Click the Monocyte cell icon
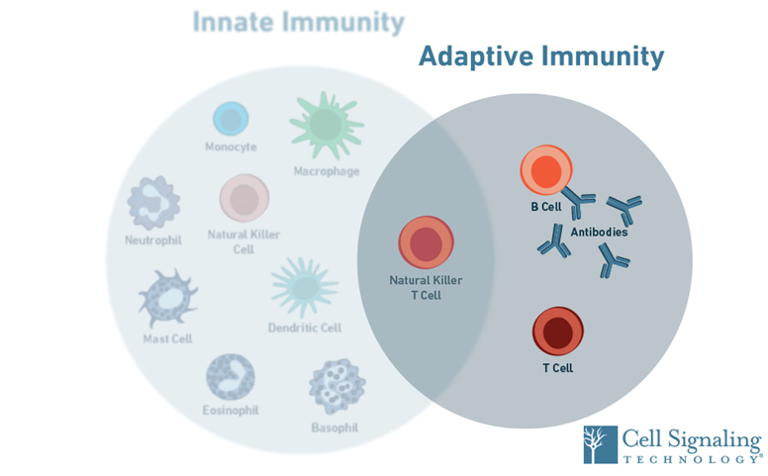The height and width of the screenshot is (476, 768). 231,120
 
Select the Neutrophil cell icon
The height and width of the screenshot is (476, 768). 153,204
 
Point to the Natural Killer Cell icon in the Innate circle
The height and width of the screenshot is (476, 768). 243,199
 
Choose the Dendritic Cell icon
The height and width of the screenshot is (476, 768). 304,287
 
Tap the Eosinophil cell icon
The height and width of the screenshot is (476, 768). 230,377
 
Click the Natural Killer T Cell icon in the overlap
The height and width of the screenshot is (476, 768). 427,243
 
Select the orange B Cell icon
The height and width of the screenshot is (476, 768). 545,171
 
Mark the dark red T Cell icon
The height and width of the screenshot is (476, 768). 558,332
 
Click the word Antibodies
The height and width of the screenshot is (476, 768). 599,233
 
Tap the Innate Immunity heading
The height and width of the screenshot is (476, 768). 298,23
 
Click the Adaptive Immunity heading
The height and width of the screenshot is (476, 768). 540,56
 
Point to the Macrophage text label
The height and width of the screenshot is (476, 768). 326,171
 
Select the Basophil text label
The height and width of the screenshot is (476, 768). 335,428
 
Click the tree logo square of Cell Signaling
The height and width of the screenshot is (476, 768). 600,444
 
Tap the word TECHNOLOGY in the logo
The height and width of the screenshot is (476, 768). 691,460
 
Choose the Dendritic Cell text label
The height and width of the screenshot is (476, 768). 304,328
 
